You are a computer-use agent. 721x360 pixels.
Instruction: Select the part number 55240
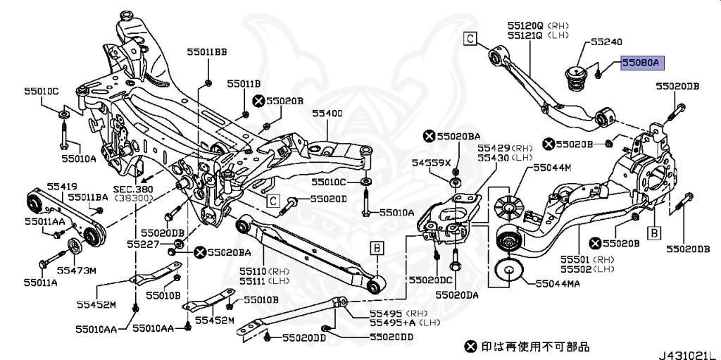606,42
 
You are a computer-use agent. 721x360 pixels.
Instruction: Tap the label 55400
327,113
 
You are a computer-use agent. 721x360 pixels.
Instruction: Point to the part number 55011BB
207,51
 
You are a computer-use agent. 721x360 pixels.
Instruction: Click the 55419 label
63,187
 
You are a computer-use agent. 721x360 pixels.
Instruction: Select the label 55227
142,244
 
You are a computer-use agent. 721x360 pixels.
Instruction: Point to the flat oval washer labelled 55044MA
508,273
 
